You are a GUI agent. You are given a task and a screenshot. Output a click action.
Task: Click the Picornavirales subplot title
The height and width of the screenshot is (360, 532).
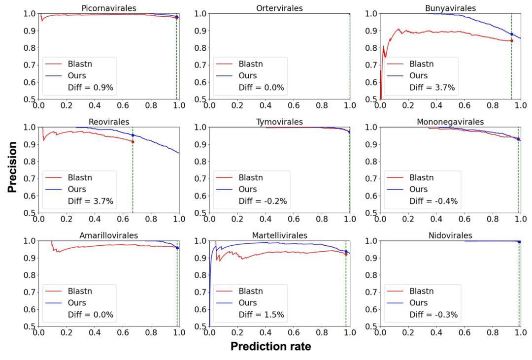[x=108, y=8]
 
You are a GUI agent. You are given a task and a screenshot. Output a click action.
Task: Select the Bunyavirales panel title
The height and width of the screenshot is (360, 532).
[x=450, y=8]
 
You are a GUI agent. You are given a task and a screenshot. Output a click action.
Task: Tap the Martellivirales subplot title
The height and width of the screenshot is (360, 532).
[x=279, y=236]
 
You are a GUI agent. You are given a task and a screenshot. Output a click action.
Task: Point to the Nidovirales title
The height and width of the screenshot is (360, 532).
[x=450, y=236]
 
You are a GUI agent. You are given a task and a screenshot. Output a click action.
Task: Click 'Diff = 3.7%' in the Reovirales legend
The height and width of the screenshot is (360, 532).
[x=91, y=201]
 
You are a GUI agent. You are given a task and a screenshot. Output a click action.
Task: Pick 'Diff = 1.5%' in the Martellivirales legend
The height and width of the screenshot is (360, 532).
[x=261, y=315]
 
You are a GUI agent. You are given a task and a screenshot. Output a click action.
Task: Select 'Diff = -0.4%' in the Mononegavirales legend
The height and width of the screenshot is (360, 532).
[x=433, y=201]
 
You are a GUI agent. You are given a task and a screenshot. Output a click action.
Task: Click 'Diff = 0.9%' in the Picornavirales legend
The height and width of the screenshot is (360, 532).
[x=91, y=88]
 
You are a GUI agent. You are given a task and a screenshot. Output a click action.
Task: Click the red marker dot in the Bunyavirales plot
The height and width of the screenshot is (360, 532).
[x=511, y=40]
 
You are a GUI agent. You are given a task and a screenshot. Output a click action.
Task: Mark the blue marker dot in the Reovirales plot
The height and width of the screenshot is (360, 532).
[x=133, y=135]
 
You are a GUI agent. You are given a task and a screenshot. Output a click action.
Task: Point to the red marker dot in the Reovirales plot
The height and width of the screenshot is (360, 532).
[x=133, y=142]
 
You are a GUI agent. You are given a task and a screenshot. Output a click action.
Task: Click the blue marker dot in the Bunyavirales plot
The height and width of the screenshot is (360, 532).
[x=511, y=34]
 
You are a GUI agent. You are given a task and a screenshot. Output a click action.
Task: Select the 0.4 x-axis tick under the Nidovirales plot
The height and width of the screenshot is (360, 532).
[x=436, y=332]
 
